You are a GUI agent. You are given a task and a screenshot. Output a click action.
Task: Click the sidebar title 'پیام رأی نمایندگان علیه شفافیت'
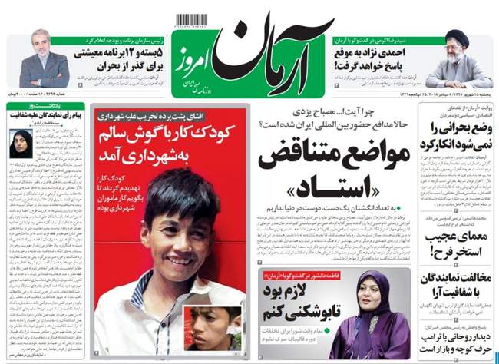pyautogui.click(x=48, y=114)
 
